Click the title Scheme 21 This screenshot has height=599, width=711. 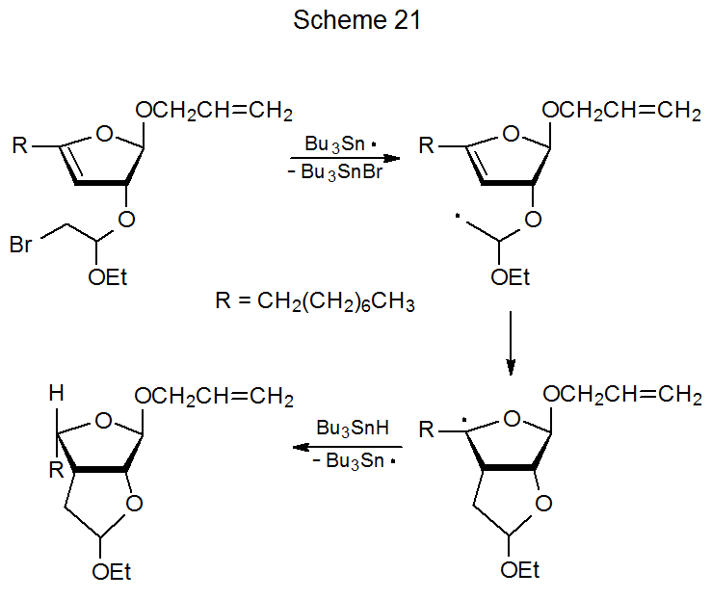[357, 20]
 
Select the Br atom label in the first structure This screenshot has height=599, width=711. [22, 246]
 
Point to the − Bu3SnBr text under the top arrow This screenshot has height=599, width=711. [342, 173]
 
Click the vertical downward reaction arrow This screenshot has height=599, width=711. [511, 343]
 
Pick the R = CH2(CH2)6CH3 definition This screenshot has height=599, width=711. [315, 303]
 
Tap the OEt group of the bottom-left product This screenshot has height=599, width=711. [112, 572]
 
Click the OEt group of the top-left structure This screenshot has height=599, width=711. [107, 278]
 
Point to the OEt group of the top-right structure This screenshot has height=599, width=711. [511, 278]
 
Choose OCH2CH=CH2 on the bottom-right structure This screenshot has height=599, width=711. [622, 396]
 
